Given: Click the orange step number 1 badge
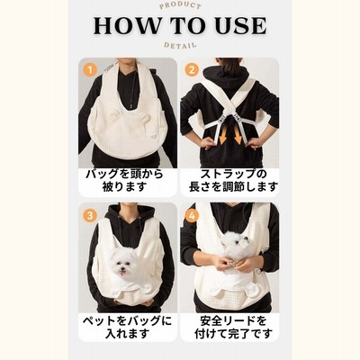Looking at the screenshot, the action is tap(89, 70).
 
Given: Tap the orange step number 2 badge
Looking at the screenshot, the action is tap(192, 70).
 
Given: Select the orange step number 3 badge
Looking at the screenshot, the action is tap(89, 215).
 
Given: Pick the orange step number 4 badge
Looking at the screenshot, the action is tap(192, 215).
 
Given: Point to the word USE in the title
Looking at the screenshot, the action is tap(241, 26).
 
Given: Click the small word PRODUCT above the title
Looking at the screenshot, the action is tap(180, 5).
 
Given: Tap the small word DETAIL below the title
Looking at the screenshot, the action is tap(180, 46).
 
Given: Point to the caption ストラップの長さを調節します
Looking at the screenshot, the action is tap(232, 180).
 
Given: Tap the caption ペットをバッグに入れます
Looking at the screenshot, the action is tap(127, 327).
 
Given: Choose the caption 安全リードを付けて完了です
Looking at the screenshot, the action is tap(233, 327).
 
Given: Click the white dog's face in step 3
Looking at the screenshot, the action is tap(124, 265).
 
